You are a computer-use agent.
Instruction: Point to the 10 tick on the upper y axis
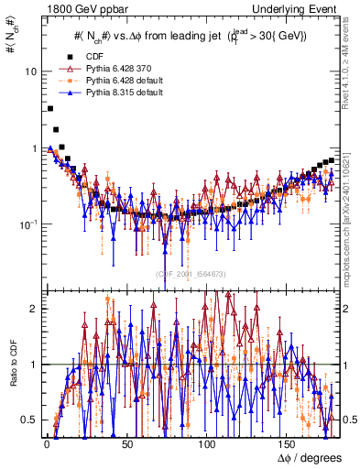point(28,71)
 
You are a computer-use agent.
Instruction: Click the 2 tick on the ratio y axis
point(32,309)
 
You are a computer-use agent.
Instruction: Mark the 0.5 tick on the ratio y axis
point(28,420)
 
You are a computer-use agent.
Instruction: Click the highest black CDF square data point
point(49,108)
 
